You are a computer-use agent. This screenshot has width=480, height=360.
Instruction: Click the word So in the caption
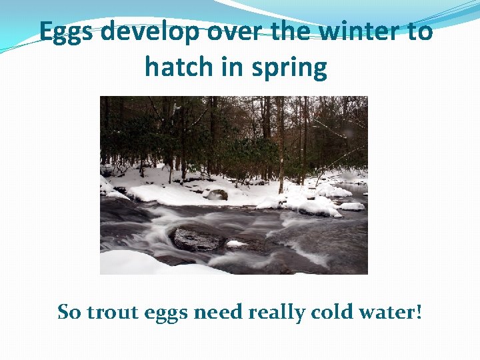(x=68, y=311)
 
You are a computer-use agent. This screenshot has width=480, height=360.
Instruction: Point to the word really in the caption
(x=273, y=313)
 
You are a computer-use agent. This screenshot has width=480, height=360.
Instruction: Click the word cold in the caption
(x=328, y=311)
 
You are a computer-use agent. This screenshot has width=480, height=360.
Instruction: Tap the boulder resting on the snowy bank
(x=216, y=195)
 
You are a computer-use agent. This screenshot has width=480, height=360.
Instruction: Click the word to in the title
(x=417, y=31)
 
